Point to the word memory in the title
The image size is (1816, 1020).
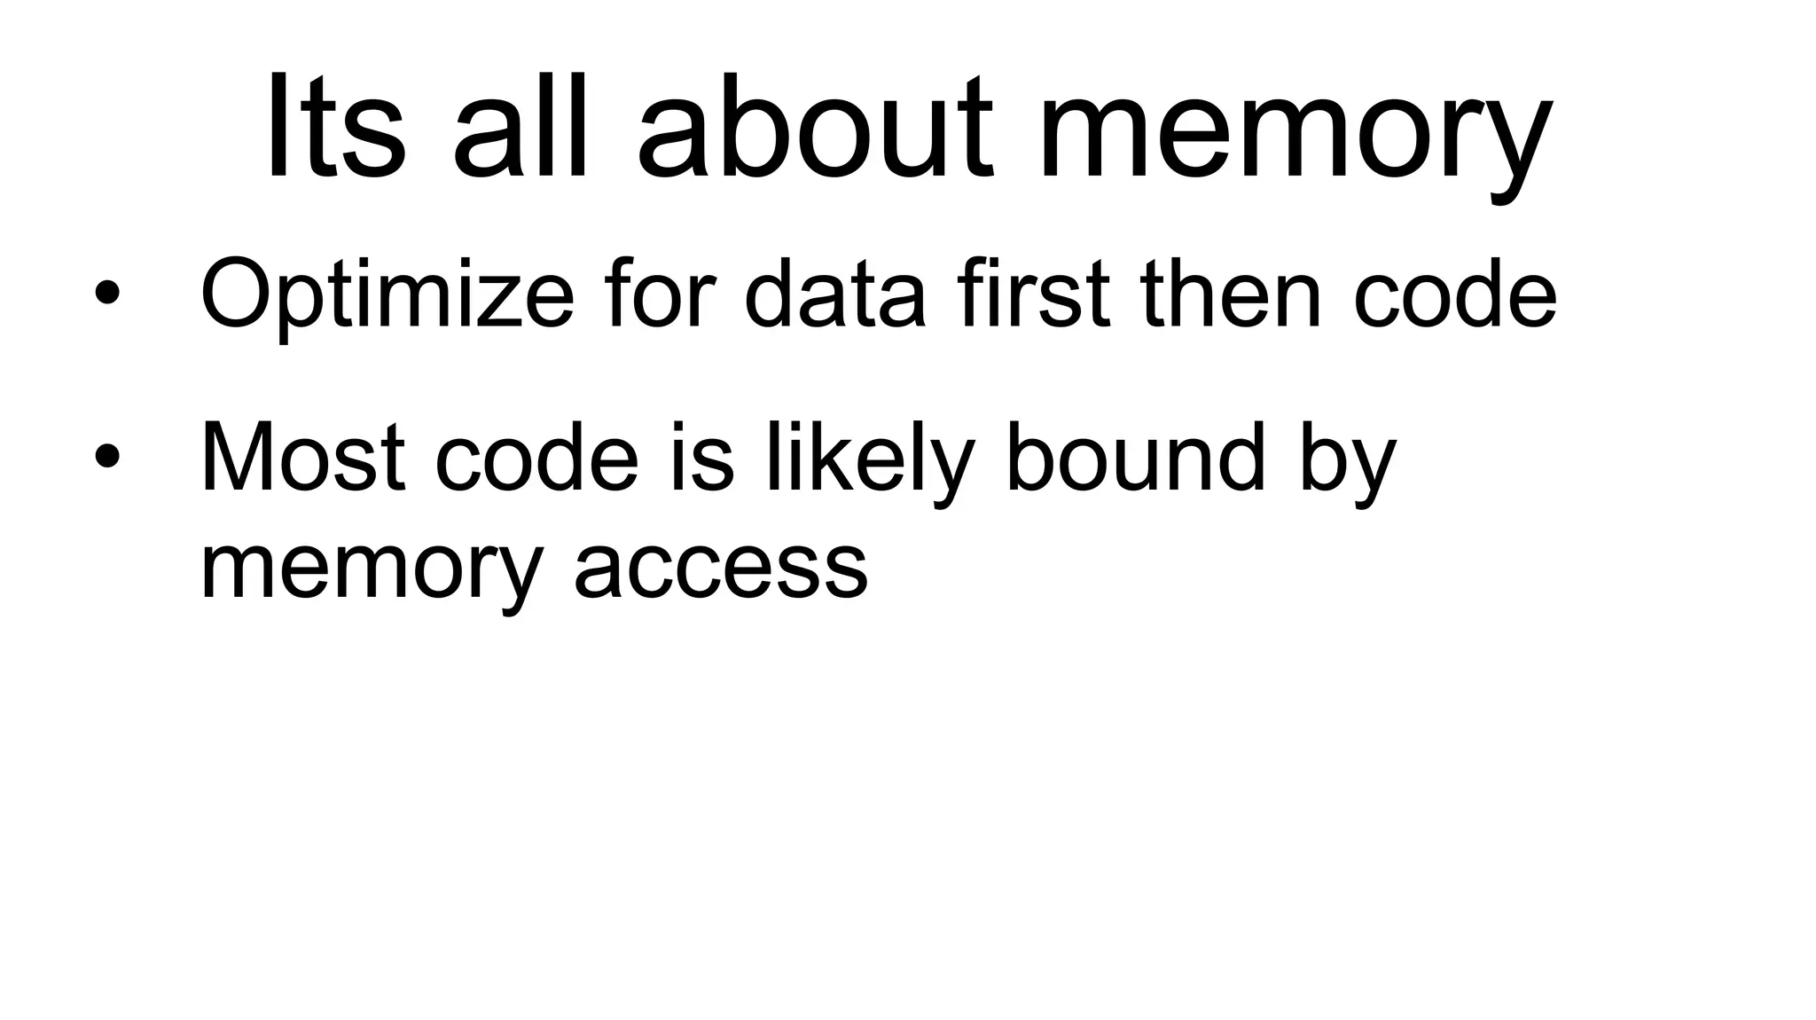[x=1295, y=133]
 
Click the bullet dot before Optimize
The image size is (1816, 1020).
[x=106, y=293]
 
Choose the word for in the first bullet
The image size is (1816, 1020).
[x=661, y=293]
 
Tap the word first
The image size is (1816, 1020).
[x=1033, y=293]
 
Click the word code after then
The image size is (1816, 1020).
[x=1454, y=293]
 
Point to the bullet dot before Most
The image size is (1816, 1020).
[x=106, y=456]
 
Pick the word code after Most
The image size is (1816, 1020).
[x=536, y=458]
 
